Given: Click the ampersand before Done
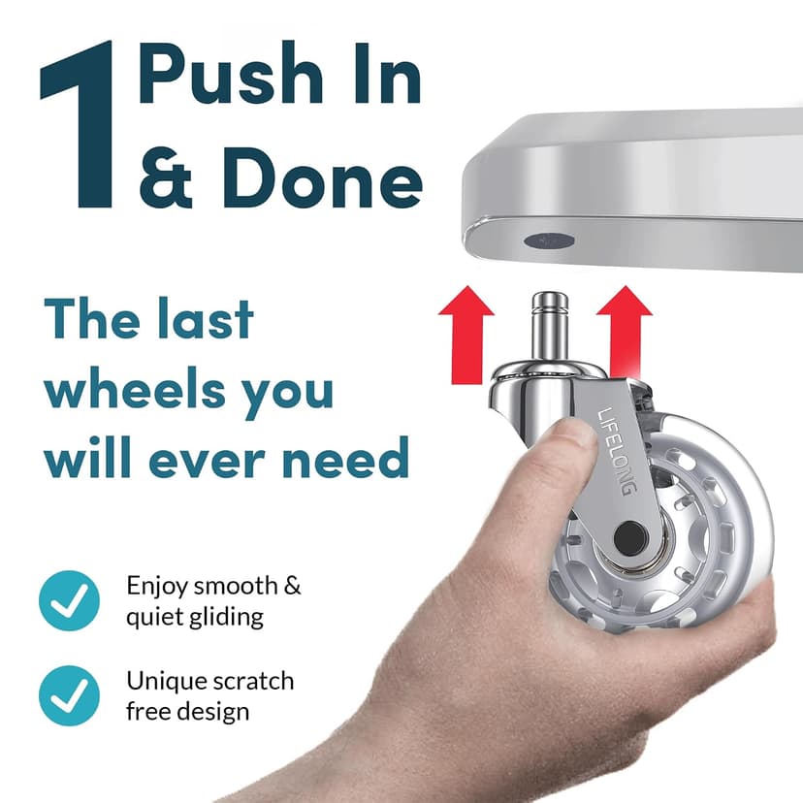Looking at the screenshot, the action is (x=166, y=177).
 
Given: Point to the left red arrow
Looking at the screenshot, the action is (x=466, y=335).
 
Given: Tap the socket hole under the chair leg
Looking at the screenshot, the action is (x=549, y=240).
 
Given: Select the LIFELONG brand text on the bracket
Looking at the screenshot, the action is (x=618, y=451).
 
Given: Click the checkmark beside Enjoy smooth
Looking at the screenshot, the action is (x=69, y=600).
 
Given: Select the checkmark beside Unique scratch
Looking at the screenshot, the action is (x=69, y=695).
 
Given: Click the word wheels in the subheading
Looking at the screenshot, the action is (x=134, y=390).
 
